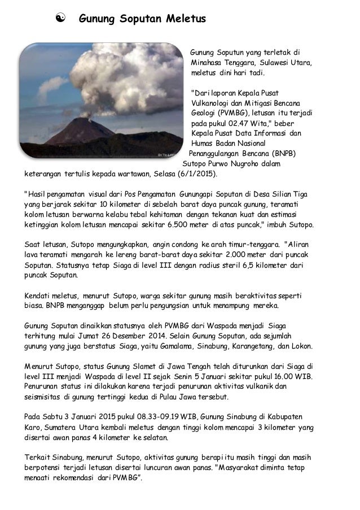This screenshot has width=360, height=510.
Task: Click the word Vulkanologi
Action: pyautogui.click(x=210, y=102)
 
